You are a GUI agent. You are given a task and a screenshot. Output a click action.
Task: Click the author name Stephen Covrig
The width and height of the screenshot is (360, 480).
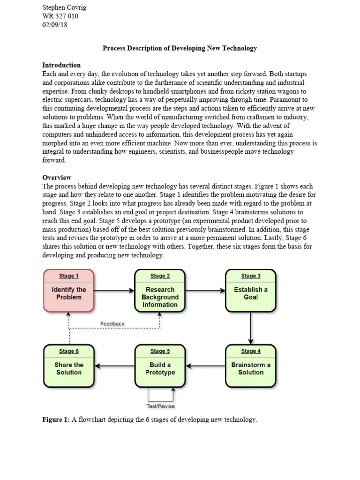64,7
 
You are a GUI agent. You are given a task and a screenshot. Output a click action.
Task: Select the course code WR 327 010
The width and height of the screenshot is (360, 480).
60,16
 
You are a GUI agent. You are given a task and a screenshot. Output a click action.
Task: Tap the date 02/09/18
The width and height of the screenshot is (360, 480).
54,25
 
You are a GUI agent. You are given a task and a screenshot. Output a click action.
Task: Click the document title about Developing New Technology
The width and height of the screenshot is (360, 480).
180,48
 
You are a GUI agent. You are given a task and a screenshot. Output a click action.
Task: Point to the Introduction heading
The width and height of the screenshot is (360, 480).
61,65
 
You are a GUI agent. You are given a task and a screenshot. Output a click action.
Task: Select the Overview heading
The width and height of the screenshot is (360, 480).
57,178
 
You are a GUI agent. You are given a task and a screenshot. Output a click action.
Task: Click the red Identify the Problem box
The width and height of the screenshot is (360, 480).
68,291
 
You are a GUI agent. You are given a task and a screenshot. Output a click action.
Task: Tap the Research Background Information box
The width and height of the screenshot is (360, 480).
160,291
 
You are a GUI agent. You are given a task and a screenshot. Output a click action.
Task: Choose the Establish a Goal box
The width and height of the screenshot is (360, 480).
251,291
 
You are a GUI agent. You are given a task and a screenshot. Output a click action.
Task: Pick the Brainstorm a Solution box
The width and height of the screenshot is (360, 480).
251,366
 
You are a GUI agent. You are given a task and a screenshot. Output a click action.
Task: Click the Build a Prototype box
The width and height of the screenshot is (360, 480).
160,366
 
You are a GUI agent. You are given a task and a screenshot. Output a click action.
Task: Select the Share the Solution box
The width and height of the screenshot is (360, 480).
68,366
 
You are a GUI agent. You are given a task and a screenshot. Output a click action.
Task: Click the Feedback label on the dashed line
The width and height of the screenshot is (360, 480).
112,323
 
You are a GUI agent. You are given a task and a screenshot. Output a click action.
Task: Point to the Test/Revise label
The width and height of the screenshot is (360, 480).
160,406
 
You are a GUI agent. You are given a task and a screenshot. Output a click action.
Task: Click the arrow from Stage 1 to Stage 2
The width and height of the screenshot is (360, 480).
114,291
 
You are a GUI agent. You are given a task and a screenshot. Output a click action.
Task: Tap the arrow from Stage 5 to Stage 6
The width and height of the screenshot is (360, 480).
114,366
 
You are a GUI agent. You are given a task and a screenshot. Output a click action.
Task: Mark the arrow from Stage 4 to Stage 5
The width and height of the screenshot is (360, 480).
205,366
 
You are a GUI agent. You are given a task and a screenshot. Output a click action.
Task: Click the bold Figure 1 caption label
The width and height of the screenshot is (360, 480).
56,420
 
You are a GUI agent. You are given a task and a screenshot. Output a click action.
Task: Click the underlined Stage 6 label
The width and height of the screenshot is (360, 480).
68,351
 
